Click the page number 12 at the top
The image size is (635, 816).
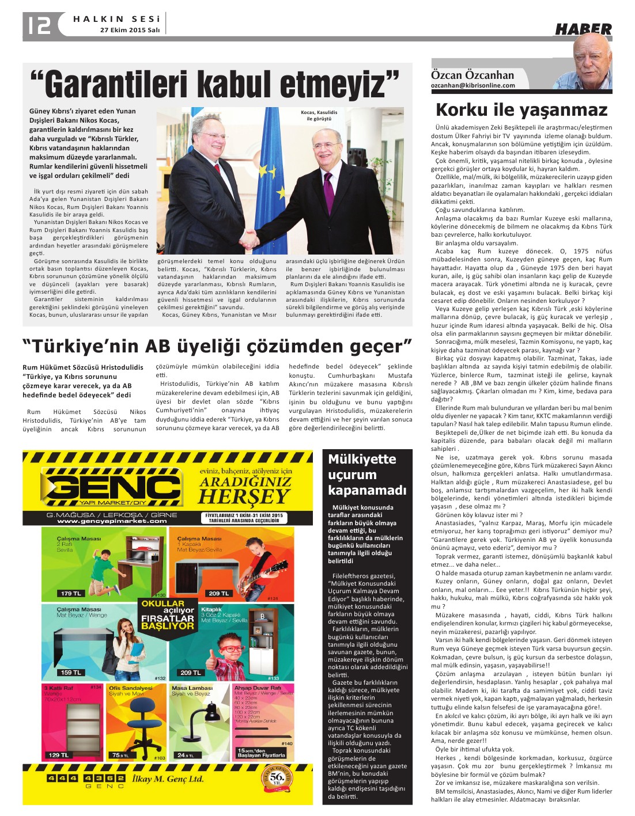pos(39,24)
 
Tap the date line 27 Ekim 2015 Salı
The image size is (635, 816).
pos(130,29)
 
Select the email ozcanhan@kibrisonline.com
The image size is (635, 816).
pos(473,85)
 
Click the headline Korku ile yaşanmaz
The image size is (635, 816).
pos(521,109)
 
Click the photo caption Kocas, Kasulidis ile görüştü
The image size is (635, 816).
pos(319,115)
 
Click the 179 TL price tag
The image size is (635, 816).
pos(71,593)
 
